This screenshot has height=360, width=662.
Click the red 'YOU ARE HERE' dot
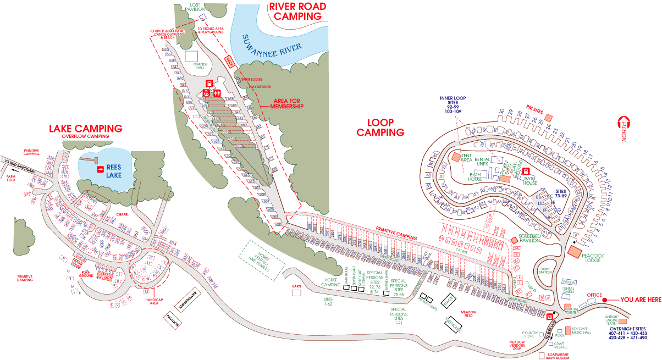tap(604, 300)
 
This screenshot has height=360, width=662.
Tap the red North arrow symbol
tap(624, 123)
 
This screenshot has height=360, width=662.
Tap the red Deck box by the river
tap(230, 62)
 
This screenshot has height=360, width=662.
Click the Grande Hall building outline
tap(192, 56)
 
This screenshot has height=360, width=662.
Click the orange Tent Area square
tap(456, 157)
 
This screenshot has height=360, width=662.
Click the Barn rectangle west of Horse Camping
tap(297, 293)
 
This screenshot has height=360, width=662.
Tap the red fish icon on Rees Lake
tap(101, 169)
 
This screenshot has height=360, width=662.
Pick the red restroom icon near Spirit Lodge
tap(217, 93)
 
